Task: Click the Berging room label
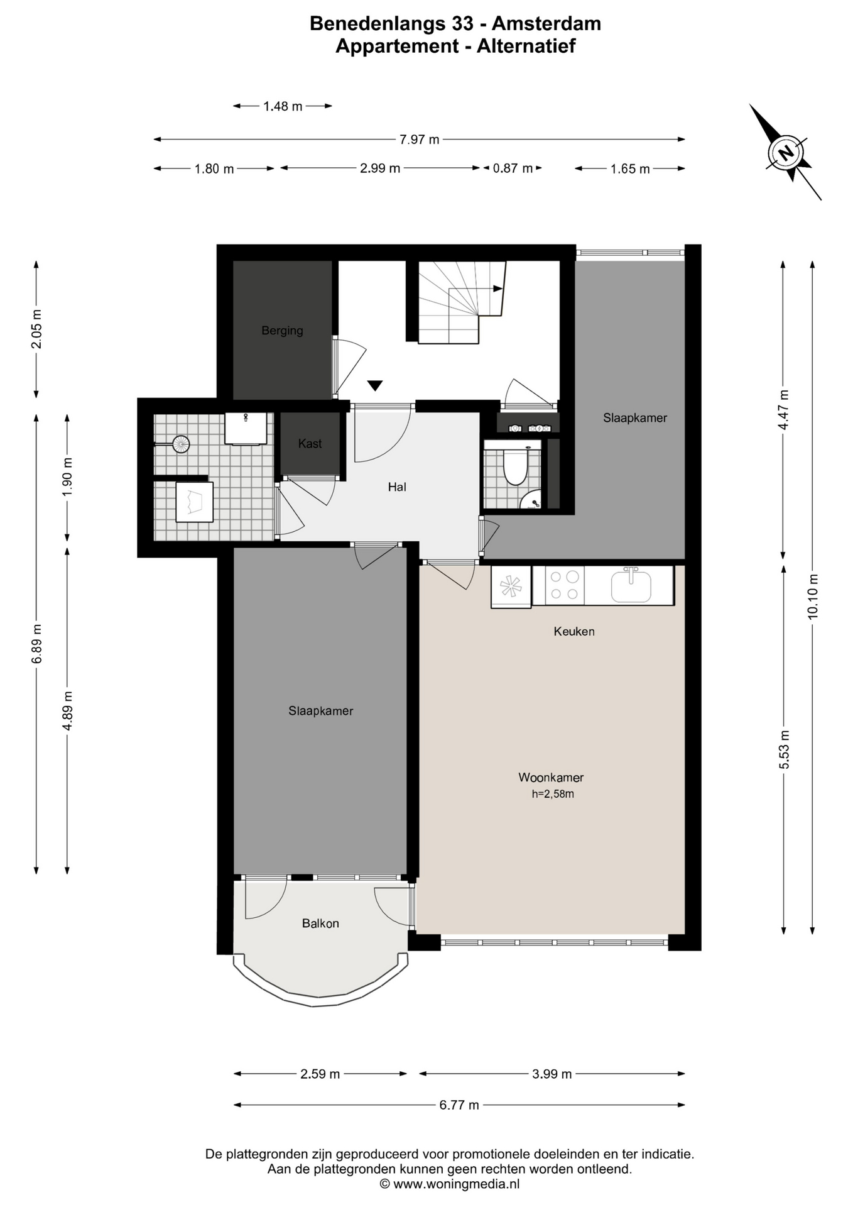click(282, 330)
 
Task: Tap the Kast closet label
click(310, 443)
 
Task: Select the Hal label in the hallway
click(397, 487)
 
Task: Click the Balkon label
click(320, 923)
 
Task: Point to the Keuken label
click(574, 631)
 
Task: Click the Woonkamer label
click(551, 777)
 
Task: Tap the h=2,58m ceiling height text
click(553, 794)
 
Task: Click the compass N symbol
click(785, 152)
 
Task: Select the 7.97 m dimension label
click(420, 140)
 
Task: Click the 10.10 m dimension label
click(813, 597)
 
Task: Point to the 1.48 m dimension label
click(283, 106)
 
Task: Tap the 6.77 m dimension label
click(459, 1105)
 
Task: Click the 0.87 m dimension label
click(513, 168)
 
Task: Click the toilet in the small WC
click(515, 466)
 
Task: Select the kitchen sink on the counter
click(631, 585)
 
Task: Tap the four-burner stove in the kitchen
click(565, 585)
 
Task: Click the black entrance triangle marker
click(375, 386)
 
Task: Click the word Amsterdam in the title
click(546, 23)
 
